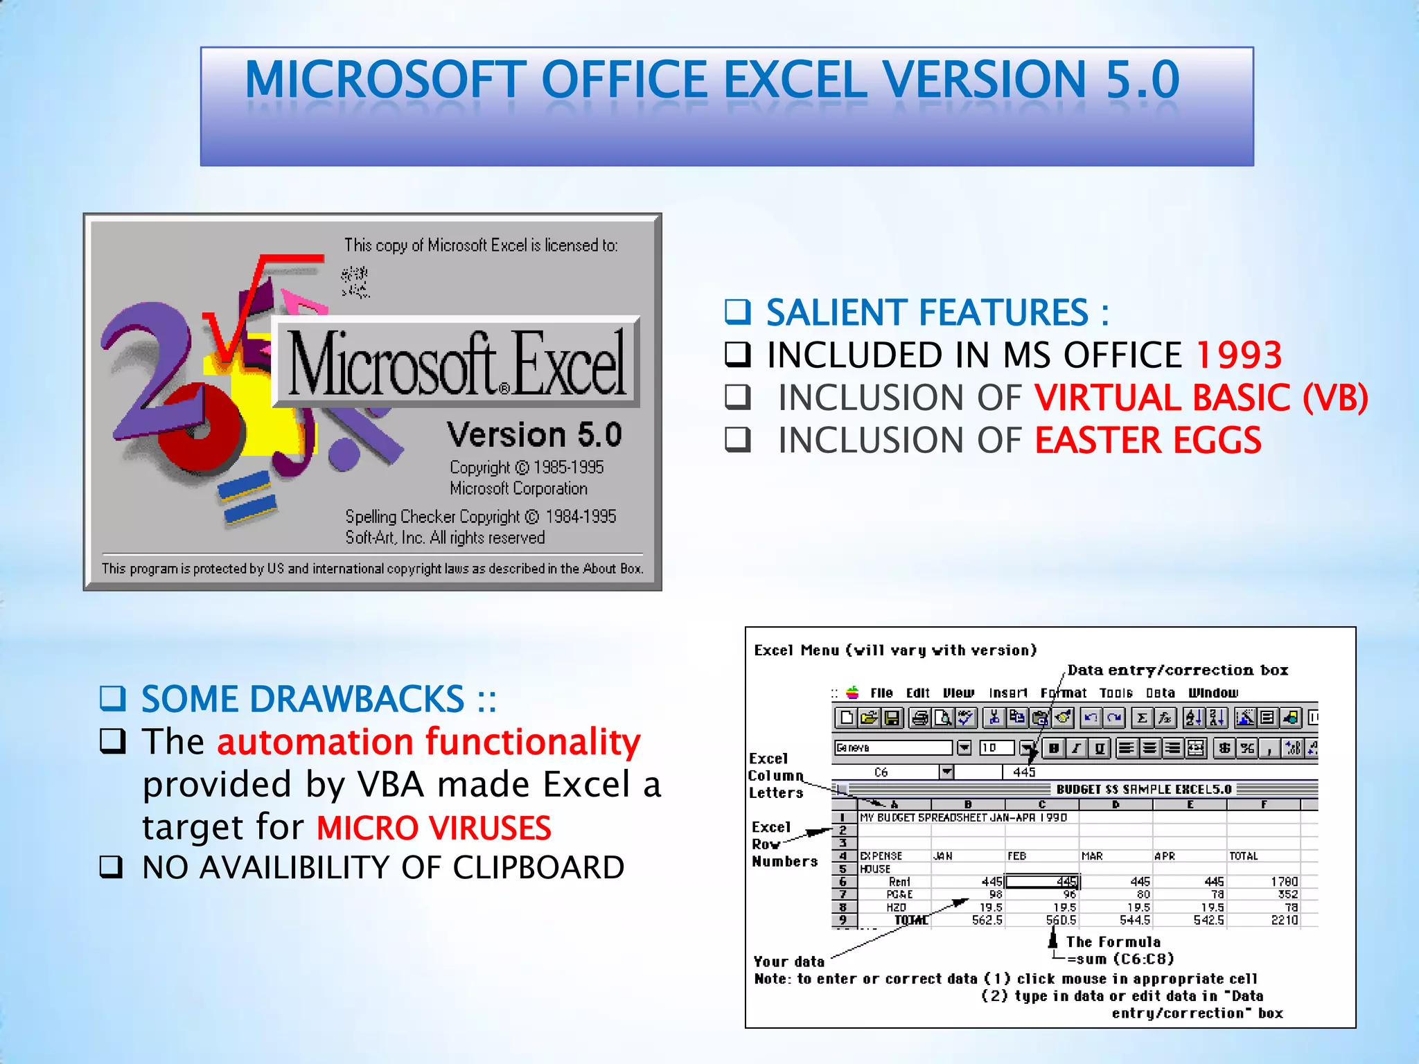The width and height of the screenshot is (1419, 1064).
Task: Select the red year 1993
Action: coord(1239,355)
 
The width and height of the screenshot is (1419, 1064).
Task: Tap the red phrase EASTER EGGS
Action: coord(1147,441)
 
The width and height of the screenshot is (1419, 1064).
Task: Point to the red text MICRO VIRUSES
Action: coord(434,828)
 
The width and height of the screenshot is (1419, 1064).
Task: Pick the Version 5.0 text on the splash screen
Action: coord(534,435)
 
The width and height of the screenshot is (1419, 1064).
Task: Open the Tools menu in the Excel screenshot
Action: coord(1116,693)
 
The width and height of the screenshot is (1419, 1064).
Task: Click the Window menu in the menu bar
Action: coord(1213,693)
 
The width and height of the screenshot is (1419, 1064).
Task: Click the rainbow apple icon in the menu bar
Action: coord(853,693)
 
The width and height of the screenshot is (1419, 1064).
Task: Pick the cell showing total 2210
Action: coord(1284,920)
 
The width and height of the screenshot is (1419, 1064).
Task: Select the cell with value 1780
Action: coord(1284,882)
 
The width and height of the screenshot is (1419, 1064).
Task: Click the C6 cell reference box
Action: coord(881,772)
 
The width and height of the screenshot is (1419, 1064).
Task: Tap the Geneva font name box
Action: coord(892,747)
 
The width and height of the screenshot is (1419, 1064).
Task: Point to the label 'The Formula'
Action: coord(1113,942)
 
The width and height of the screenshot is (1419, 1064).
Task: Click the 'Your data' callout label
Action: coord(788,961)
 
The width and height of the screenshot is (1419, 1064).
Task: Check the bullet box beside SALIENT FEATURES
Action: coord(737,312)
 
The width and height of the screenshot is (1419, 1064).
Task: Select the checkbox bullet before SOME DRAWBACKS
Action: coord(112,698)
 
